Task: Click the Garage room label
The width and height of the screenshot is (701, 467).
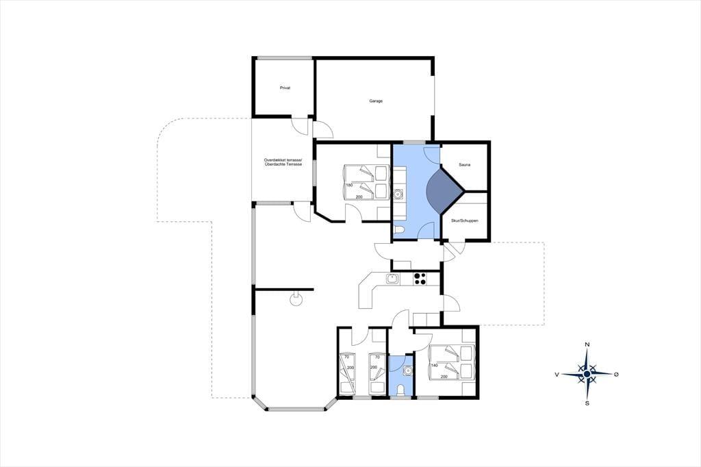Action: tap(376, 101)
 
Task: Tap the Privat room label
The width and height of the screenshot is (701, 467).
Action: tap(285, 88)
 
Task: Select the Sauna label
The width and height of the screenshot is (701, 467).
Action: tap(465, 165)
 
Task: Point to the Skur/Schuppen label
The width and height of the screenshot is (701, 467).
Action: tap(465, 221)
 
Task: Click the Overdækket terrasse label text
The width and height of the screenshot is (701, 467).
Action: tap(283, 160)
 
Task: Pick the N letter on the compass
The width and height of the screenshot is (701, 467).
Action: tap(587, 344)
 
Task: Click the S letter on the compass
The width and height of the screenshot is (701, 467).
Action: tap(587, 403)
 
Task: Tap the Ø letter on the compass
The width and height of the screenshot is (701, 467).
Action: tap(616, 374)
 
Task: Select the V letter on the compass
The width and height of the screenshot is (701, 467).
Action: tap(557, 375)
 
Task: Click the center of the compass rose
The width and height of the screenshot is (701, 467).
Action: tap(587, 373)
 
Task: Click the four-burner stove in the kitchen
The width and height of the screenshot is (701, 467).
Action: tap(420, 279)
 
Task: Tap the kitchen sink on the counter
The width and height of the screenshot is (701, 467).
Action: tap(393, 279)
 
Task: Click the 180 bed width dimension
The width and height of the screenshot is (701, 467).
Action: tap(349, 185)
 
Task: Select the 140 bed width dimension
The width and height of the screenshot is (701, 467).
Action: tap(434, 366)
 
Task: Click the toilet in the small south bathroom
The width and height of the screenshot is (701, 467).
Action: tap(400, 390)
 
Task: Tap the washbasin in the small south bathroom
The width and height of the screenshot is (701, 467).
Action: tap(407, 370)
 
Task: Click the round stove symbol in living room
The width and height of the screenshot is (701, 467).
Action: tap(296, 299)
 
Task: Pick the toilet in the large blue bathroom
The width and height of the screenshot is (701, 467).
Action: tap(399, 231)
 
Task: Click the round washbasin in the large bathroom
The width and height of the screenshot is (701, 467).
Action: tap(399, 195)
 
